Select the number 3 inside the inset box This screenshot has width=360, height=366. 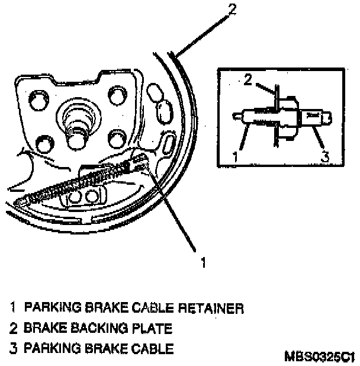point(324,158)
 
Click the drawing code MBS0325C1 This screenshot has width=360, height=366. point(320,357)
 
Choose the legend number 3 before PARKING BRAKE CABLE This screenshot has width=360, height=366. point(13,349)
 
